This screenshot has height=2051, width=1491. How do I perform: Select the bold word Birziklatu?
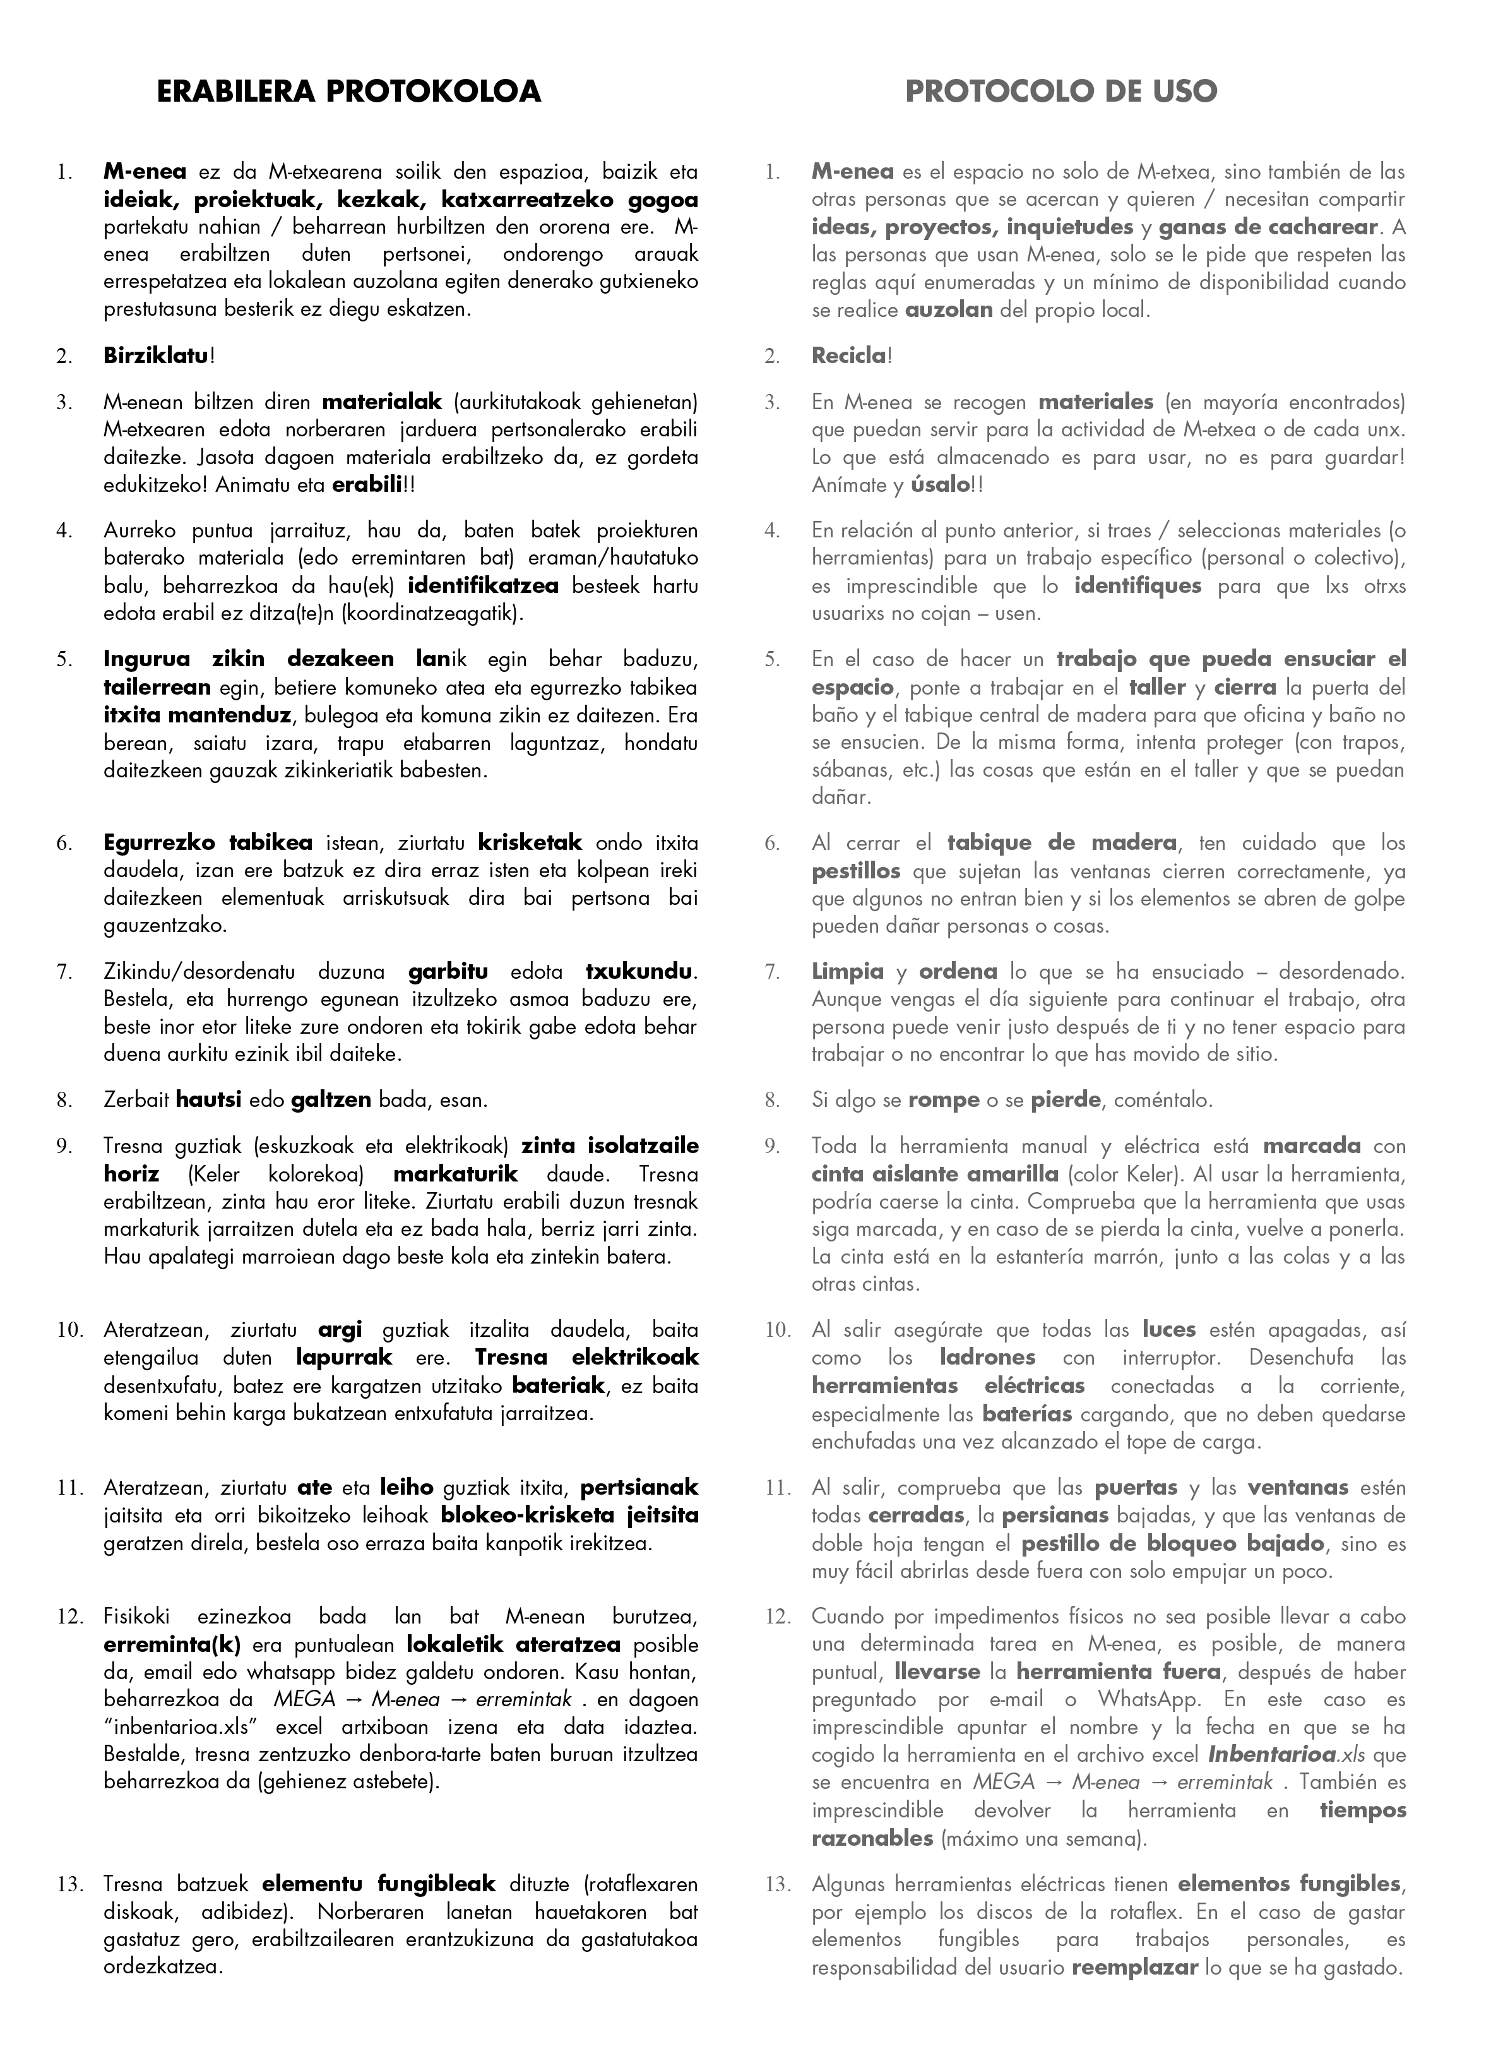click(x=155, y=356)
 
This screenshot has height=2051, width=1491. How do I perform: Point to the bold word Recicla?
click(x=848, y=356)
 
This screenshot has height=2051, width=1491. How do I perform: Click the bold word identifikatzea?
click(x=483, y=586)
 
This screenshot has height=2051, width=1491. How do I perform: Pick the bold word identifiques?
click(x=1138, y=586)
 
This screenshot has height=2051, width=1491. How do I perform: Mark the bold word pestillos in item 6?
click(x=855, y=872)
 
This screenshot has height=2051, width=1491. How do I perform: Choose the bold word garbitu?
click(x=448, y=972)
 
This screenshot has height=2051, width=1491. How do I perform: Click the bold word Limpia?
click(x=847, y=972)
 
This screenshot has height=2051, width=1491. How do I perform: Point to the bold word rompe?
click(x=944, y=1101)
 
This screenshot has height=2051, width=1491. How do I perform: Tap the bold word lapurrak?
click(x=343, y=1358)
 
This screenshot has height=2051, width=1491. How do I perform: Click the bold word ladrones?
click(x=987, y=1358)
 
